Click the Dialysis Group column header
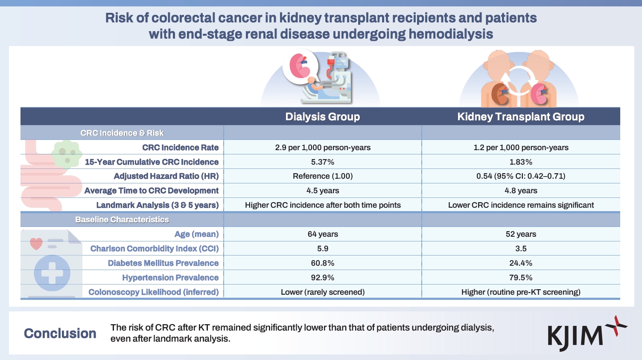[x=322, y=117]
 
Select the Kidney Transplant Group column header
[x=521, y=117]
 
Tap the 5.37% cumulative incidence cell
[x=323, y=162]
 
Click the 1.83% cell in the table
[x=521, y=162]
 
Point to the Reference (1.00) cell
[x=323, y=176]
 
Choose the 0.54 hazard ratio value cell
[x=521, y=176]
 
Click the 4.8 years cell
[x=521, y=191]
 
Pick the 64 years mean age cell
[x=323, y=234]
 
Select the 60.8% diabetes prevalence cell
[x=323, y=263]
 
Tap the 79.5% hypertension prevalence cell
[x=521, y=278]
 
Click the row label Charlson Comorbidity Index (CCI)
[x=155, y=248]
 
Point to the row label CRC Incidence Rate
[x=181, y=148]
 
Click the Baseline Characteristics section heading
[x=122, y=220]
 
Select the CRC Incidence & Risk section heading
[x=122, y=133]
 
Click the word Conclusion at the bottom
[x=60, y=334]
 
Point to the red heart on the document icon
[x=36, y=244]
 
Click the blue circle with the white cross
[x=52, y=273]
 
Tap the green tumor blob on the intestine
[x=67, y=154]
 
